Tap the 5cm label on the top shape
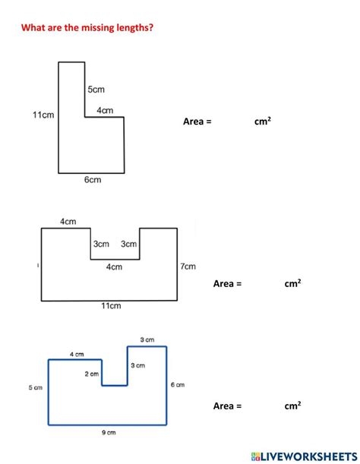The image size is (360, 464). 96,89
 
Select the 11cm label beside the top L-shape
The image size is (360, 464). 43,115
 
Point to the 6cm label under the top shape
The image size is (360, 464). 92,180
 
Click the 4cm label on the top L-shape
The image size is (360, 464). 106,111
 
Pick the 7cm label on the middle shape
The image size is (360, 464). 188,267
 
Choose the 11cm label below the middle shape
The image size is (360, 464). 111,306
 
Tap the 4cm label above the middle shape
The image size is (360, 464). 68,222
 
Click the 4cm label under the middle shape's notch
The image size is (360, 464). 114,267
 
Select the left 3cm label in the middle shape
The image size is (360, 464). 101,245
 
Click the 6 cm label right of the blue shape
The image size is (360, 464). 178,385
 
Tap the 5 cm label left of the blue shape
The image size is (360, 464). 36,387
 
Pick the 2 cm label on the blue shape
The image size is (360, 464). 92,374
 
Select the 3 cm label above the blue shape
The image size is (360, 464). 147,339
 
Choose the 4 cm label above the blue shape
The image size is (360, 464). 77,354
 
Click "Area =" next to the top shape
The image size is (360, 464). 197,121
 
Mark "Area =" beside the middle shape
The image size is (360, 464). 227,283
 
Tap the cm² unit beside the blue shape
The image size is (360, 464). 292,406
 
